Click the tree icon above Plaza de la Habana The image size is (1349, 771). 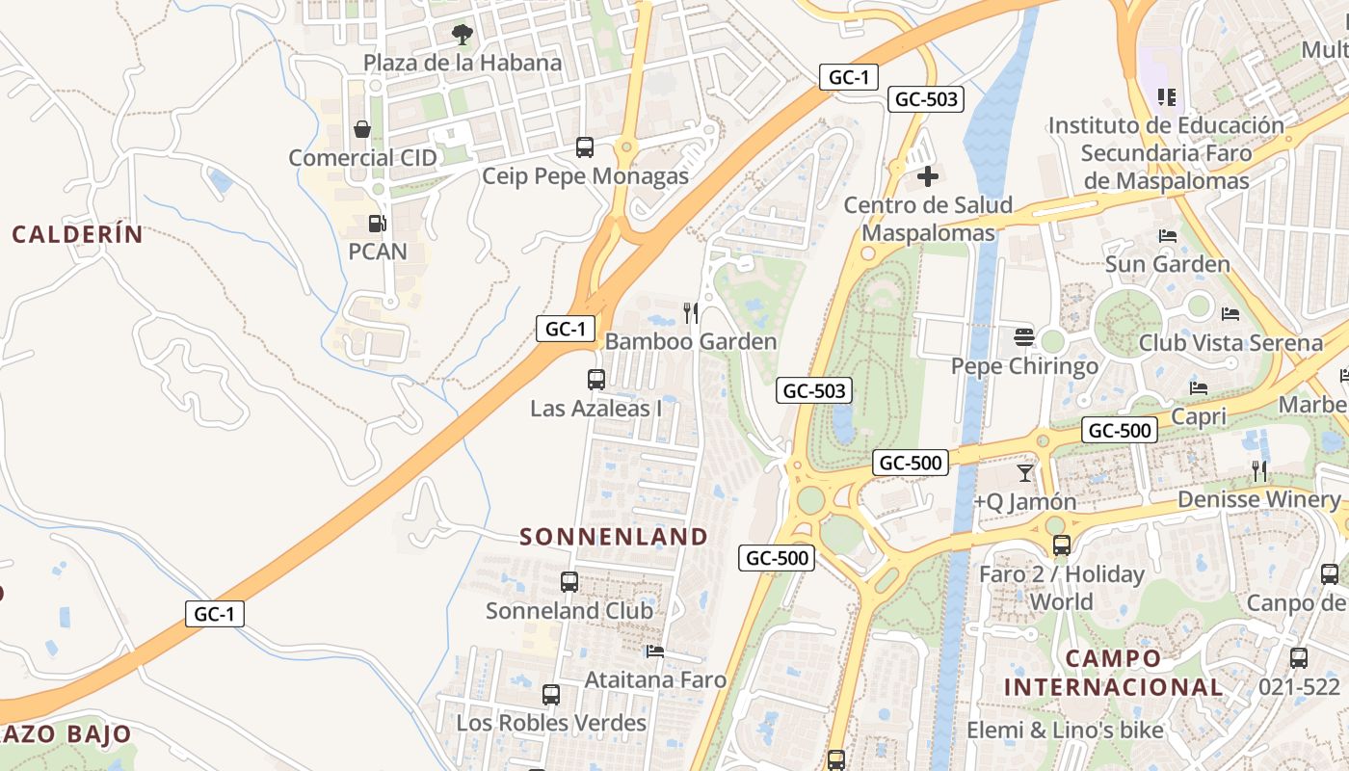[x=463, y=35]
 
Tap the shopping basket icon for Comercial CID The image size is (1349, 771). [x=362, y=129]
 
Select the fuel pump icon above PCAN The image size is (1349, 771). [x=377, y=224]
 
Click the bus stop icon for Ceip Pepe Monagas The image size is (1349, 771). [x=585, y=147]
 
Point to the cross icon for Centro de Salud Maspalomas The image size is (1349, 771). [x=928, y=176]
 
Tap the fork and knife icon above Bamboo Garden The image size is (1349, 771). [x=691, y=312]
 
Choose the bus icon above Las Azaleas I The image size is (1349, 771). [x=596, y=380]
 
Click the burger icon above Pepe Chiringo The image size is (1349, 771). [x=1023, y=337]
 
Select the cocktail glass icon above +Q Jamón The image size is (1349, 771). [x=1024, y=472]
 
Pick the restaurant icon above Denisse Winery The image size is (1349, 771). [x=1259, y=470]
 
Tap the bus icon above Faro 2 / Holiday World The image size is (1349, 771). [x=1062, y=545]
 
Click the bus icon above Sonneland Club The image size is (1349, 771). [x=569, y=582]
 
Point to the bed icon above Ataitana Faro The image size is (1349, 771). [x=655, y=651]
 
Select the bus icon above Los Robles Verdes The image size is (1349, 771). [x=551, y=695]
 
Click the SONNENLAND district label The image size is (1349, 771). [x=614, y=537]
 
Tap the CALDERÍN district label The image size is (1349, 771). [x=77, y=234]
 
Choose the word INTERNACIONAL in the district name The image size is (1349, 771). [x=1113, y=687]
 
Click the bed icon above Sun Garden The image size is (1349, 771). [x=1168, y=236]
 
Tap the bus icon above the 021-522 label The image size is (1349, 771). [x=1299, y=658]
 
